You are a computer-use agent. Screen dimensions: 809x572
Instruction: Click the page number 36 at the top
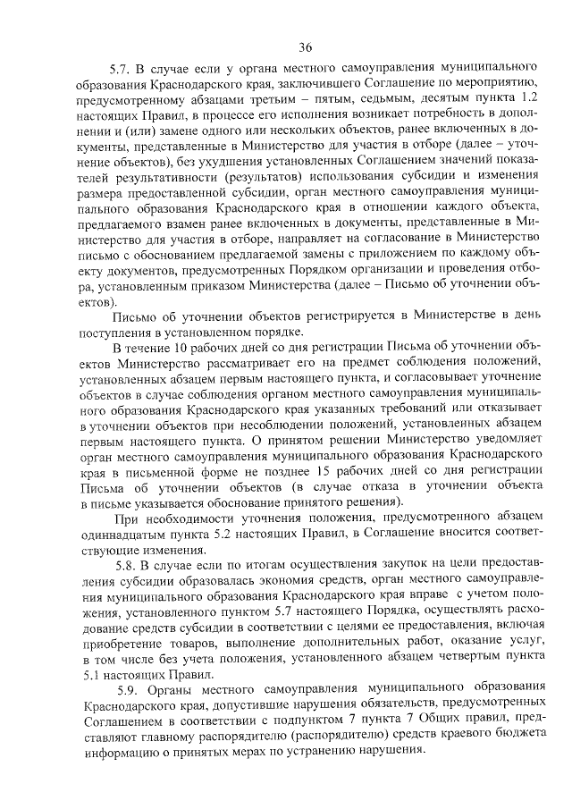(x=306, y=46)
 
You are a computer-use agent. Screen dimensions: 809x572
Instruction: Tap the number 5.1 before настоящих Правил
(x=93, y=673)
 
